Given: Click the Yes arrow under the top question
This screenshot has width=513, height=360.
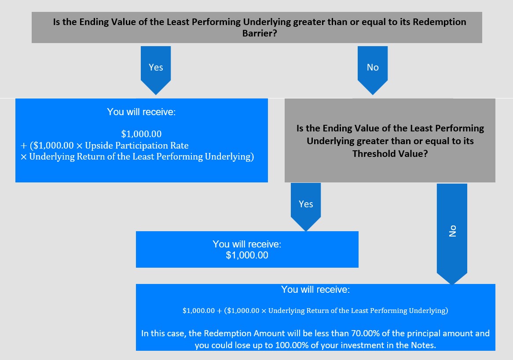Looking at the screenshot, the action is pos(156,70).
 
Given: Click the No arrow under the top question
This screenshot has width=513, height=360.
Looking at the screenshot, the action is pos(373,70).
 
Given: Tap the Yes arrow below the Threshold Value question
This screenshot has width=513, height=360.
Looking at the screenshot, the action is pos(306,207).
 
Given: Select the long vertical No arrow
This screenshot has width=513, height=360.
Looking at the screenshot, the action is pos(452,233).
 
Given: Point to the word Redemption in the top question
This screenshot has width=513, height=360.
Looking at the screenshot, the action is pos(440,22).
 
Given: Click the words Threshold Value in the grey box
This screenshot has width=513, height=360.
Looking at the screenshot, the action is pos(390,154).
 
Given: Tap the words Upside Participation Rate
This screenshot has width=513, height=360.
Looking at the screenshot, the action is pos(137,145).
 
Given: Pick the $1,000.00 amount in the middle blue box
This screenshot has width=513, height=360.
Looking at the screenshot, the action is pos(247,255).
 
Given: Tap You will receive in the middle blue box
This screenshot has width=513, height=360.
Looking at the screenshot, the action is pos(247,244).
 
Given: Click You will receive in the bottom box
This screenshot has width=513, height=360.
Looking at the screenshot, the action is pos(315,289).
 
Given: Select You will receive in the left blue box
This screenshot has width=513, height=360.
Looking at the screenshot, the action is pos(141,112).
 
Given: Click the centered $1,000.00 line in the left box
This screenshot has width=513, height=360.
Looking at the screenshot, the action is pos(141,134).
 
